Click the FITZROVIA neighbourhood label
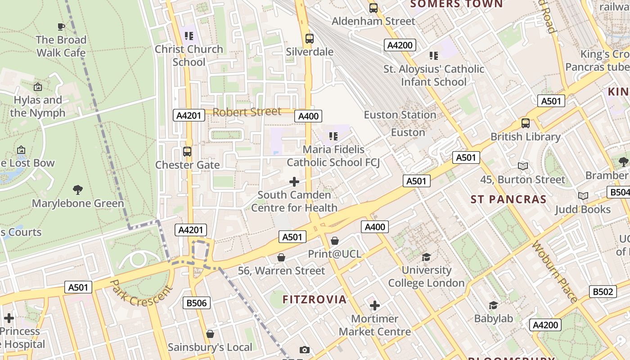[x=315, y=299]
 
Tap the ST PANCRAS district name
[x=508, y=199]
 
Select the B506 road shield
[x=197, y=303]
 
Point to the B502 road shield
[x=603, y=292]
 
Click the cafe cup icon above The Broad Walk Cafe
[x=61, y=27]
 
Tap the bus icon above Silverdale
[x=309, y=39]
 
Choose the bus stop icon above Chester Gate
[x=187, y=152]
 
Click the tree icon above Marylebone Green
[x=78, y=190]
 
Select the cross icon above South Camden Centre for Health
[x=294, y=182]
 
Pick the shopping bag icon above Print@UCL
[x=335, y=241]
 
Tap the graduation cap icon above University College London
[x=426, y=257]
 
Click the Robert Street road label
[x=247, y=112]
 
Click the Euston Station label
[x=400, y=115]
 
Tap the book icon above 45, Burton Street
[x=522, y=166]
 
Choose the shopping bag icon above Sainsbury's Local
[x=210, y=334]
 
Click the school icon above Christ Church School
[x=189, y=36]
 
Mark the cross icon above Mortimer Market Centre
[x=375, y=306]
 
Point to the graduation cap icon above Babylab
[x=493, y=306]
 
